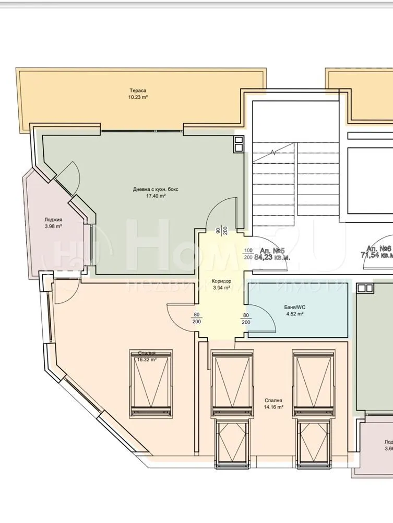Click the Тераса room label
(x=138, y=90)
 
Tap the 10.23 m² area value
(x=138, y=97)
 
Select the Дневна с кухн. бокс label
(x=156, y=189)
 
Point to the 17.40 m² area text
(x=156, y=196)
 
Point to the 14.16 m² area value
(x=272, y=406)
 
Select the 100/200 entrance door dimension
(x=248, y=254)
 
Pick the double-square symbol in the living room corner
(x=239, y=144)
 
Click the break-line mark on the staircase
(x=273, y=153)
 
